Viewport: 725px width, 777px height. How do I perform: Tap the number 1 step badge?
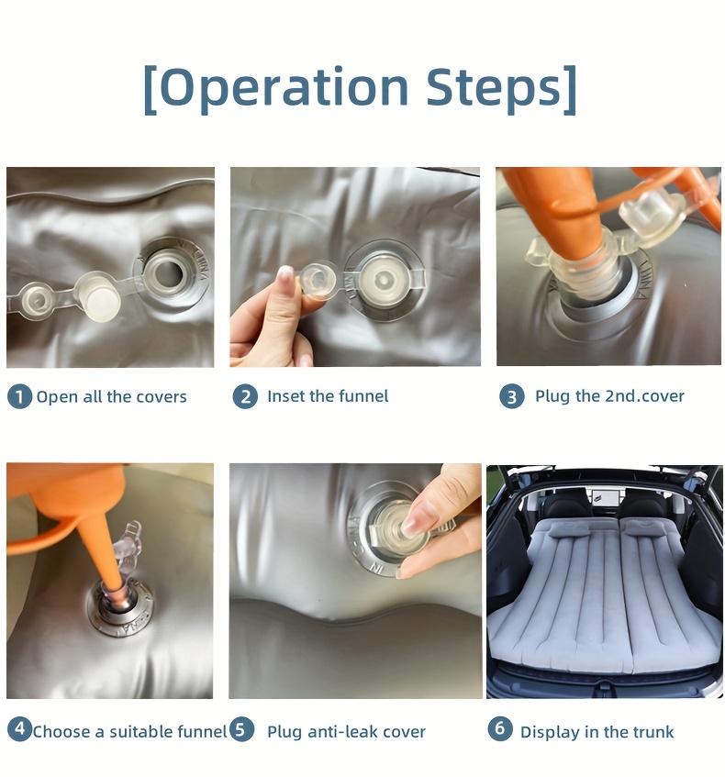point(19,397)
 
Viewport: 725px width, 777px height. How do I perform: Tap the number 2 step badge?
point(245,396)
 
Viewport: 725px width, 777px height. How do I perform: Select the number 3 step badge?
point(512,396)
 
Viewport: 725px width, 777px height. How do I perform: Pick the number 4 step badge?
point(19,729)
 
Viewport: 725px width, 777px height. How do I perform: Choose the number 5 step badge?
point(241,729)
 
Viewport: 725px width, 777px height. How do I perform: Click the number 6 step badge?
point(500,728)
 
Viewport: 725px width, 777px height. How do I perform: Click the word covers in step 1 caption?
point(162,397)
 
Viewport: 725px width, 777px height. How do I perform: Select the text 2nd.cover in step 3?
point(644,396)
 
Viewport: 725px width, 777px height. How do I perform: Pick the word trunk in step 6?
point(652,732)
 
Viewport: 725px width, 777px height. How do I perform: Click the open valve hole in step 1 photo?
point(167,273)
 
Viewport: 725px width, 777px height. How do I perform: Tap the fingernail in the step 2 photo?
point(286,272)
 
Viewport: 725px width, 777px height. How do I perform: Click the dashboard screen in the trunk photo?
point(603,496)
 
